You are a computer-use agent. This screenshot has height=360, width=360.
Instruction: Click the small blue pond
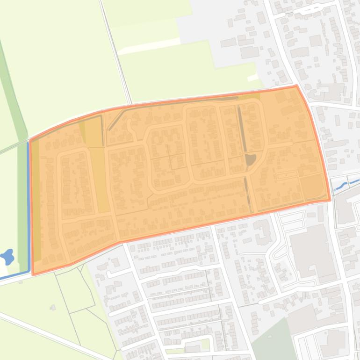tap(7, 257)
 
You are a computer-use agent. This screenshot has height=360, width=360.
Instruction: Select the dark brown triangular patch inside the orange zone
tap(251, 159)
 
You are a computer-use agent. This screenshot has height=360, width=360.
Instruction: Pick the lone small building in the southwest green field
tap(53, 307)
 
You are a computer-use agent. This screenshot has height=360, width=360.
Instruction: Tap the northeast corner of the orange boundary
tap(296, 86)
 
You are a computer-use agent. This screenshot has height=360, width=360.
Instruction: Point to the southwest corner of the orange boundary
tap(33, 274)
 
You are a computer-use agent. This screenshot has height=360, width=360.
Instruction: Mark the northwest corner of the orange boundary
tap(30, 139)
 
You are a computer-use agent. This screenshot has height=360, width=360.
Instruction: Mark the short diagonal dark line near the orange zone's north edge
tap(116, 120)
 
